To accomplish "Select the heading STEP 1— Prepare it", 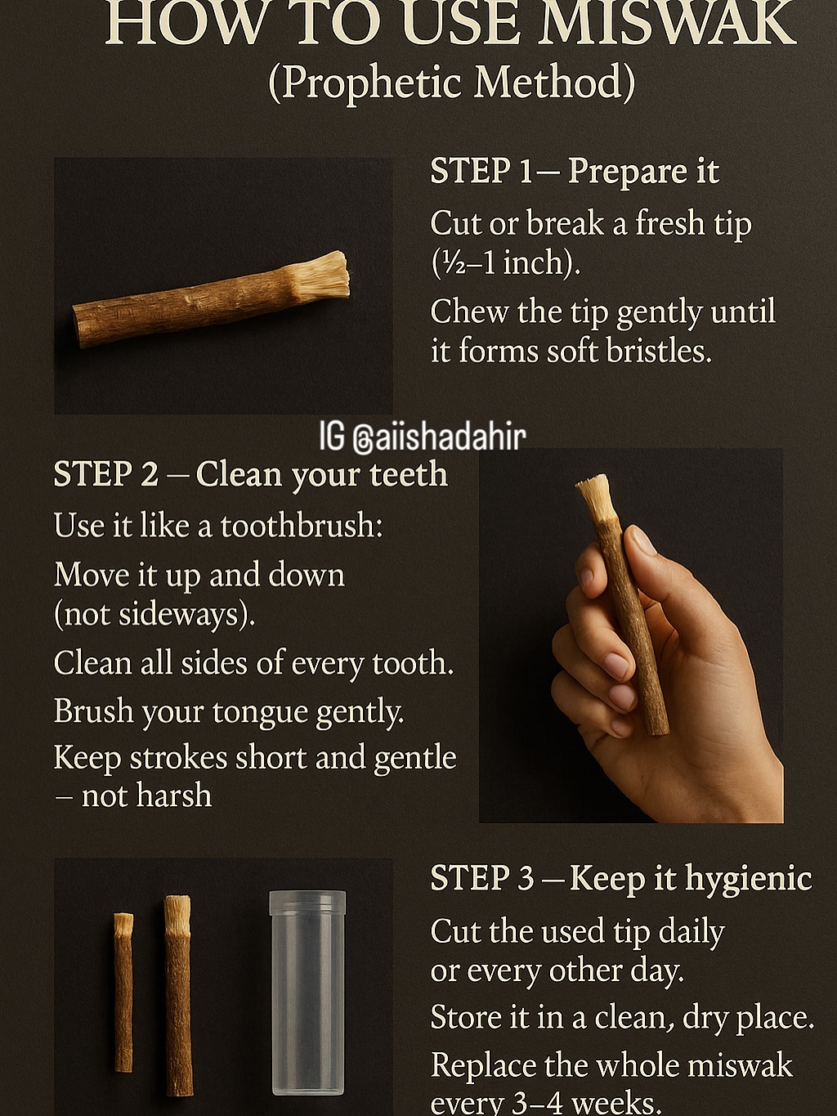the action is coord(575,172).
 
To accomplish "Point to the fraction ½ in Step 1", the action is coord(446,263).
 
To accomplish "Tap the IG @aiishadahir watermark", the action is coord(423,437).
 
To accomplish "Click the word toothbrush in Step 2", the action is coord(302,525).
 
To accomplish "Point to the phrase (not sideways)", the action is coord(154,614).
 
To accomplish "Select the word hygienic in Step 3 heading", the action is coord(748,879).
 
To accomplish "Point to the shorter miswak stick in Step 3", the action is coord(123,993).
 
